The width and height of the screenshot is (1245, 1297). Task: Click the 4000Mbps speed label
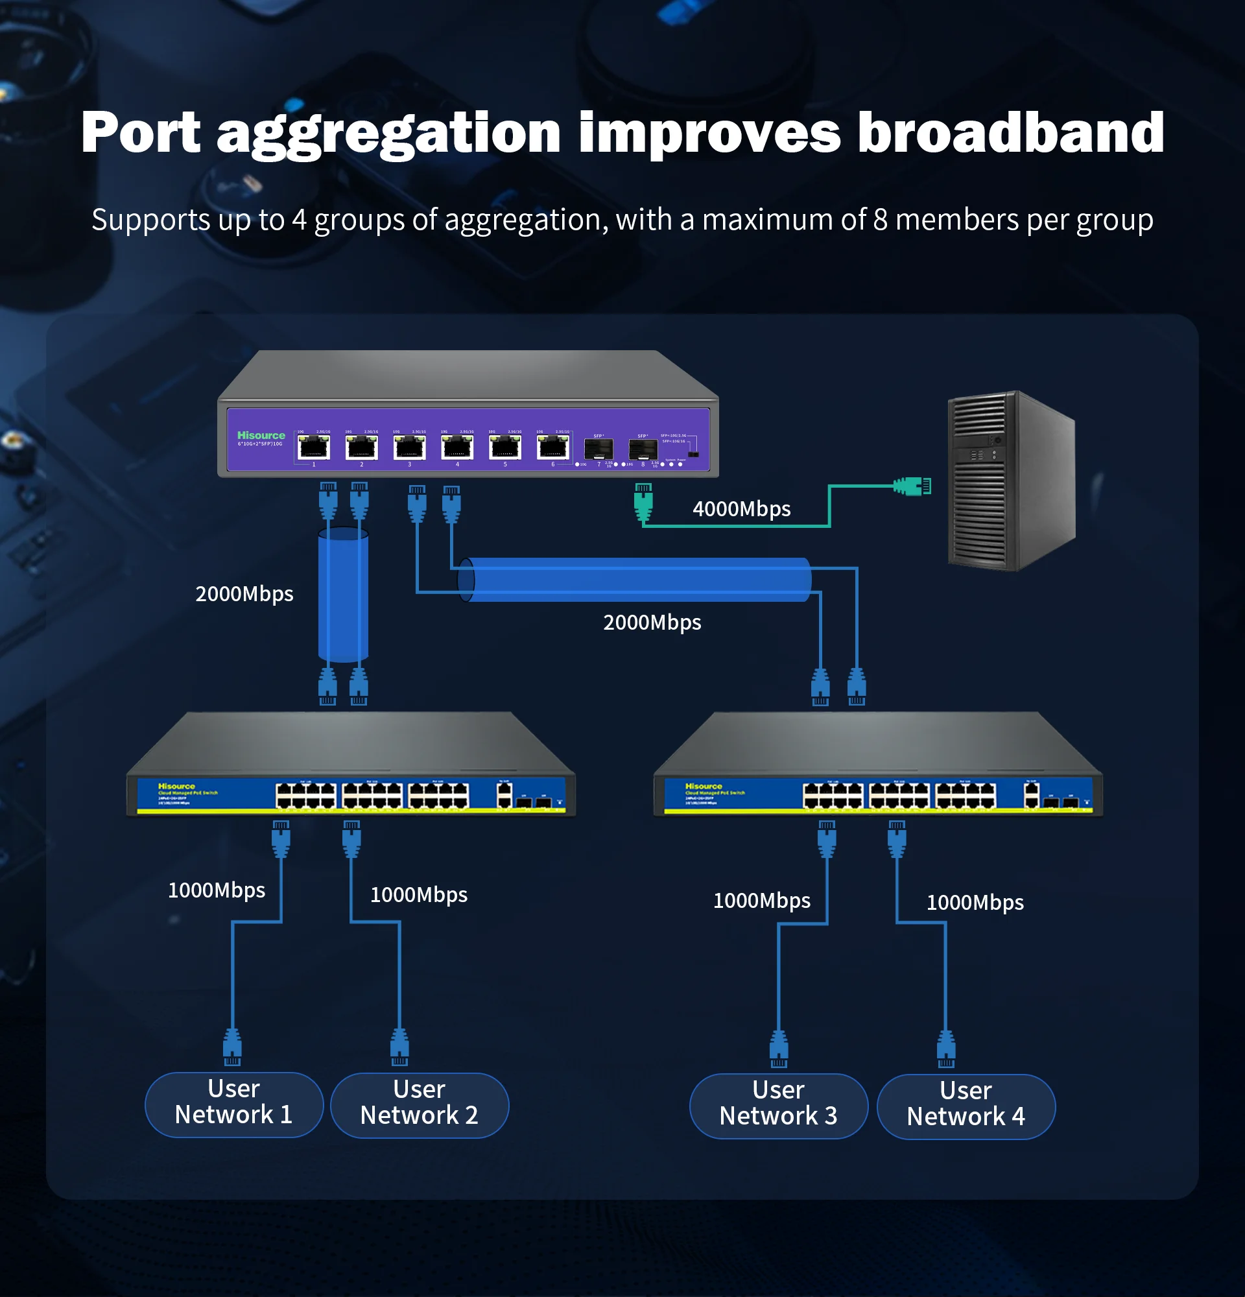(x=741, y=509)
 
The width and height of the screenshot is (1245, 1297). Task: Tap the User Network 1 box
(x=233, y=1104)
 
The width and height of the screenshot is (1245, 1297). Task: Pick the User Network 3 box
(x=778, y=1106)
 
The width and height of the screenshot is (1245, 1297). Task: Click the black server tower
(x=1010, y=481)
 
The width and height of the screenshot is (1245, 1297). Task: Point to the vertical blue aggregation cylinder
(x=342, y=594)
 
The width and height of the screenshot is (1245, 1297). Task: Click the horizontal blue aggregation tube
(x=635, y=580)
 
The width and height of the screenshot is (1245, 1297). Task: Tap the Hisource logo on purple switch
(x=261, y=435)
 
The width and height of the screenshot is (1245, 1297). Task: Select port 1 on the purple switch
(x=314, y=448)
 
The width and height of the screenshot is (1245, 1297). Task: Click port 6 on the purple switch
(x=553, y=448)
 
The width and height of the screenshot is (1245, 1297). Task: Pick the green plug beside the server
(x=912, y=486)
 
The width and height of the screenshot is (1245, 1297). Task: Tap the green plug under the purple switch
(x=643, y=501)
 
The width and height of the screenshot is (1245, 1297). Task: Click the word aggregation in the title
(x=388, y=134)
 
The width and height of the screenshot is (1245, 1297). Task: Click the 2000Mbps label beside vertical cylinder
(x=244, y=593)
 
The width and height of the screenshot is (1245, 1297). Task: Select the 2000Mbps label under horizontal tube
(x=652, y=622)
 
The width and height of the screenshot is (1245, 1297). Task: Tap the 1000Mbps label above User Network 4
(x=975, y=902)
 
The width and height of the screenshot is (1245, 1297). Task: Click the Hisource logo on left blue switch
(x=176, y=786)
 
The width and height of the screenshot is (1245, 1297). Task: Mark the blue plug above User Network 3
(x=779, y=1048)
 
